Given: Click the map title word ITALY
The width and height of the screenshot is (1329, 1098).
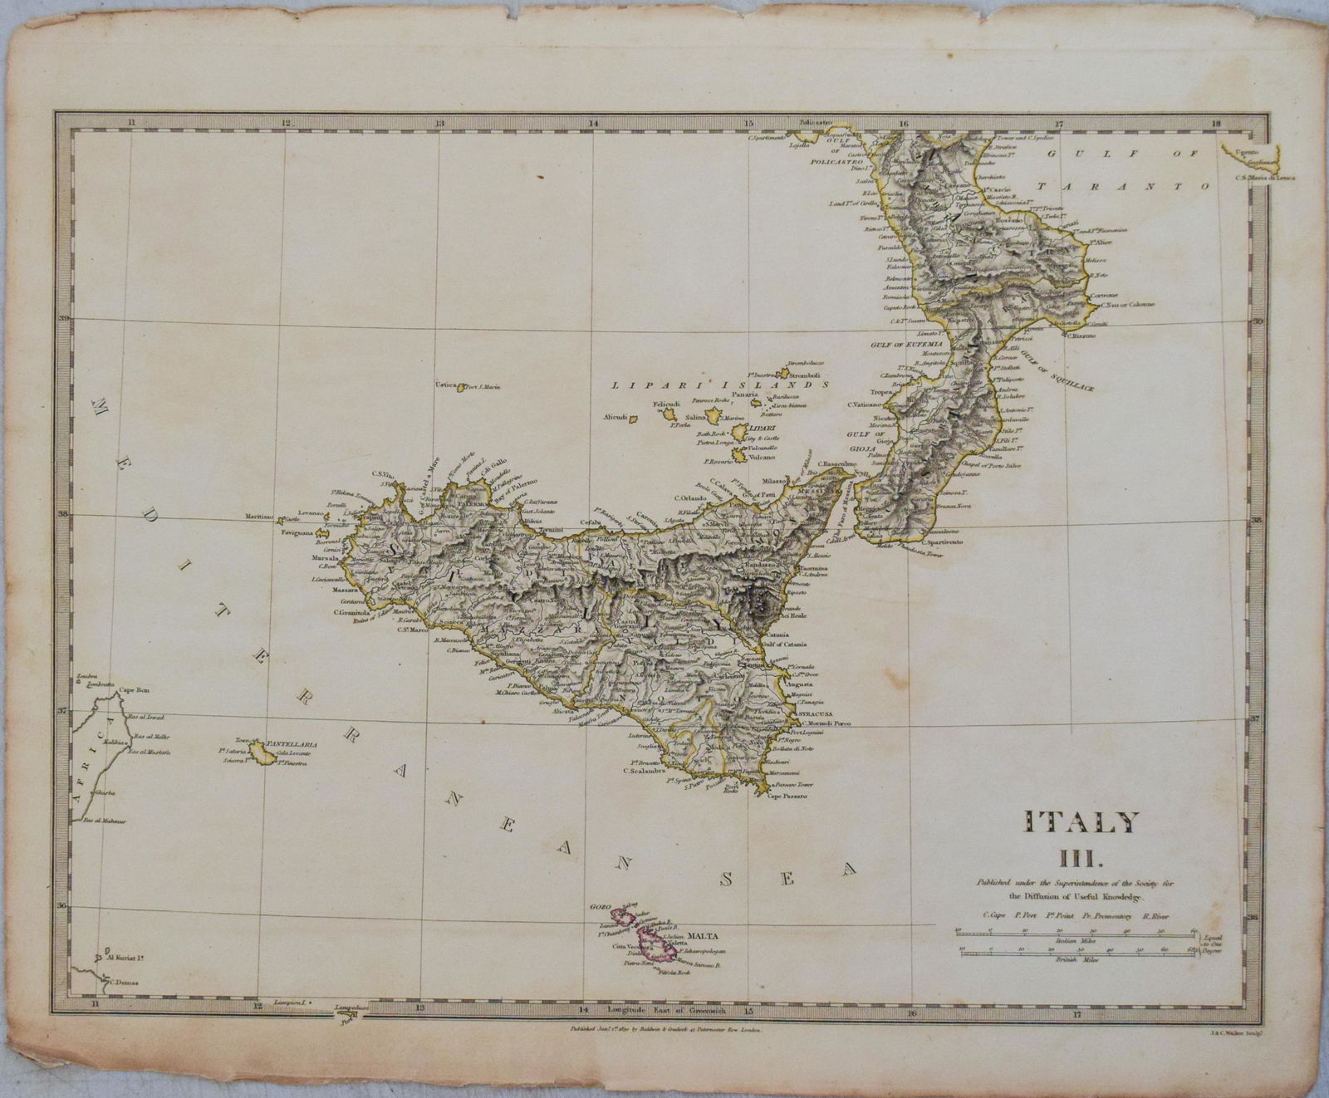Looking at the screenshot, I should tap(1081, 822).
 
